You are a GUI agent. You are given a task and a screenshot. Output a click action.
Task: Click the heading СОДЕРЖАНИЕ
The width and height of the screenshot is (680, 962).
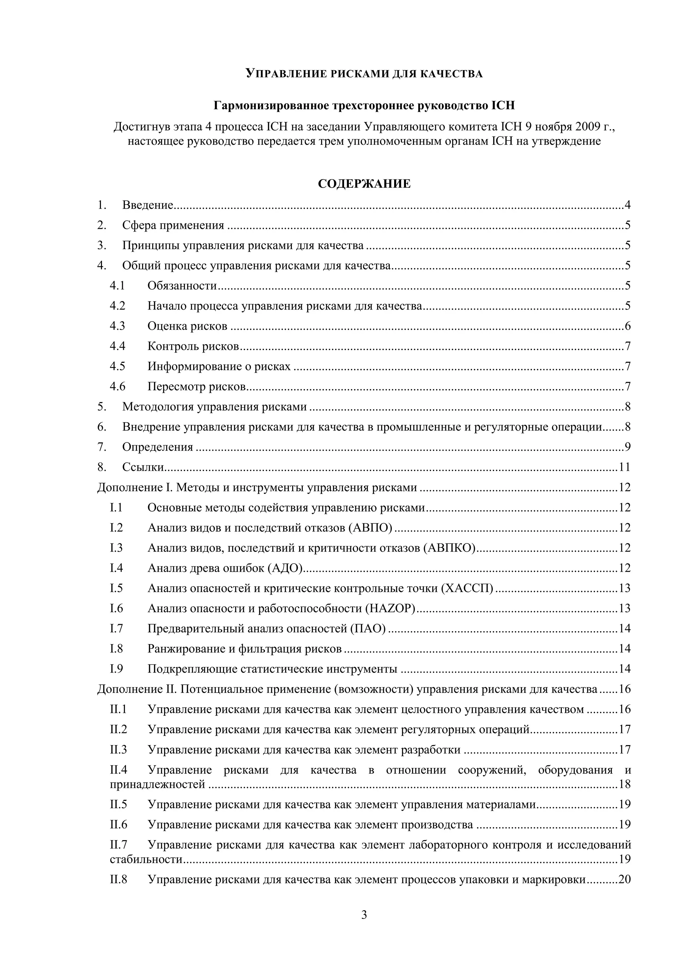pos(364,184)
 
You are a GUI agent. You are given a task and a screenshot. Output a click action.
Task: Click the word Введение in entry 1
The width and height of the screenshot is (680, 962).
pos(147,205)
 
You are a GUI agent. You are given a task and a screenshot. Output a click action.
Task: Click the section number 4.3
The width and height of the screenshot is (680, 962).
pos(117,326)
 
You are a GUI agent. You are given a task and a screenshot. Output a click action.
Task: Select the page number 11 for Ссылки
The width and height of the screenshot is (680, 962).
pos(624,467)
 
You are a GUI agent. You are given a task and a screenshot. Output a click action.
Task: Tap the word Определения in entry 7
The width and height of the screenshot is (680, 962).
pos(157,447)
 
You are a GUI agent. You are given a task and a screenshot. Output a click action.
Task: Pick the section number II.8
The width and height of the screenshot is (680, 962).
pos(118,880)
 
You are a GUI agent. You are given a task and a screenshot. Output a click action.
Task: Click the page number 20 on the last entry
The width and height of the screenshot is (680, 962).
pos(624,880)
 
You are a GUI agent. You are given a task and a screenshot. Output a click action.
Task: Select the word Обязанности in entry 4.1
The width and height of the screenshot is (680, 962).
pos(182,286)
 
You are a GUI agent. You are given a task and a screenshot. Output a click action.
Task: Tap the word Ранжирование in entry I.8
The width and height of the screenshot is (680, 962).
pos(186,649)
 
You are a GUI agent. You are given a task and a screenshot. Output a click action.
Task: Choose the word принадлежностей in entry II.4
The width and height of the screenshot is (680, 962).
pos(157,784)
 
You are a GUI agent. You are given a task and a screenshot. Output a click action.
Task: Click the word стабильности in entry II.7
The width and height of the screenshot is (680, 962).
pos(146,859)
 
